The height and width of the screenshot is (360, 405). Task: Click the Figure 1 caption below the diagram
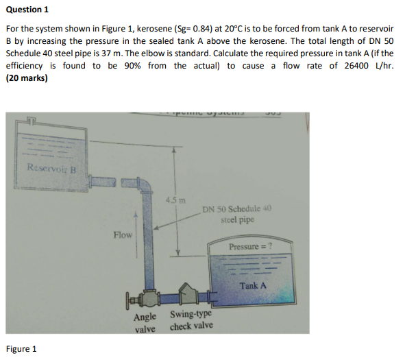point(21,348)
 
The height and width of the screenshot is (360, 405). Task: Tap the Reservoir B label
point(52,167)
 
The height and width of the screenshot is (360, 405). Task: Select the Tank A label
point(253,285)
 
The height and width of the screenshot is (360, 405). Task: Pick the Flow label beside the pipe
point(123,235)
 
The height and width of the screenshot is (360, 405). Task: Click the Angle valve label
point(145,322)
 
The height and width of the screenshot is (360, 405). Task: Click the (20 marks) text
point(27,77)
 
